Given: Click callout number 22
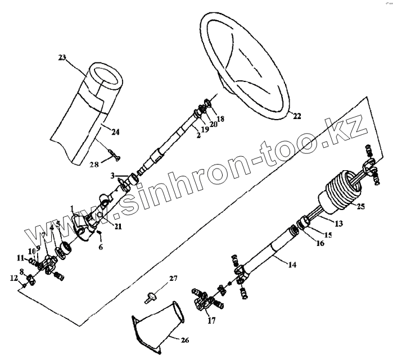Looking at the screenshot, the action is tap(297, 117).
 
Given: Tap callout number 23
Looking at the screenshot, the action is tap(62, 57).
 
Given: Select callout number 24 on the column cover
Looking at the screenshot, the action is tap(115, 133).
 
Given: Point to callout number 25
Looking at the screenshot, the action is tap(361, 207).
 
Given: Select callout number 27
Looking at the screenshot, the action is tap(173, 278).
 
